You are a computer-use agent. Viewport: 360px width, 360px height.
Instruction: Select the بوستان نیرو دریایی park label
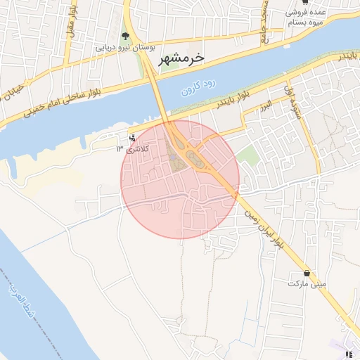pos(124,48)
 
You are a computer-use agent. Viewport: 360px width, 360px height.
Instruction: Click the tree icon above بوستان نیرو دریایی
pos(125,36)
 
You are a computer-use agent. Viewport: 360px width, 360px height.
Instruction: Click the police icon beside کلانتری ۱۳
pos(133,139)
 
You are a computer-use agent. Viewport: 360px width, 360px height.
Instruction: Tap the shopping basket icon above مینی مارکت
pos(307,272)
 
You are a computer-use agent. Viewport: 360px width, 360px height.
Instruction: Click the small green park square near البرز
pos(247,156)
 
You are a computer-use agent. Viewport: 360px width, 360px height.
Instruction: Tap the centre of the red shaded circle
pos(180,179)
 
